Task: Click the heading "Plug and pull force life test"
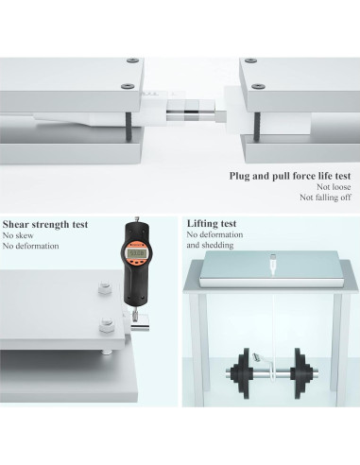(290, 176)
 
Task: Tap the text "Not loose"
(334, 187)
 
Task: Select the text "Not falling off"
(325, 198)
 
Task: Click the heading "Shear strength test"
(45, 224)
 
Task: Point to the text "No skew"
(18, 235)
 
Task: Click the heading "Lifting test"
(212, 223)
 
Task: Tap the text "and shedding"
(210, 245)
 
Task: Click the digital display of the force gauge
(136, 252)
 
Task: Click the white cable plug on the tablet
(272, 263)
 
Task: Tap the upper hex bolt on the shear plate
(105, 287)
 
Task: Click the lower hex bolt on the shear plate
(106, 325)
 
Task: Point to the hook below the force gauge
(135, 315)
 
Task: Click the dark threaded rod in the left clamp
(129, 127)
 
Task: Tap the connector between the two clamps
(196, 111)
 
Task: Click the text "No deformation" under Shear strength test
(30, 246)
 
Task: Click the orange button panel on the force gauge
(136, 262)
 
